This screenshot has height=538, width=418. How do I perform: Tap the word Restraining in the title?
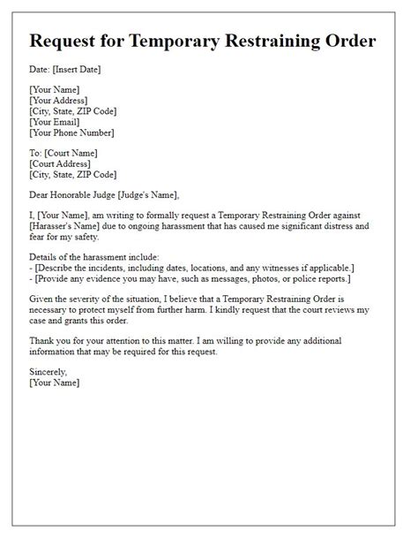click(283, 42)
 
